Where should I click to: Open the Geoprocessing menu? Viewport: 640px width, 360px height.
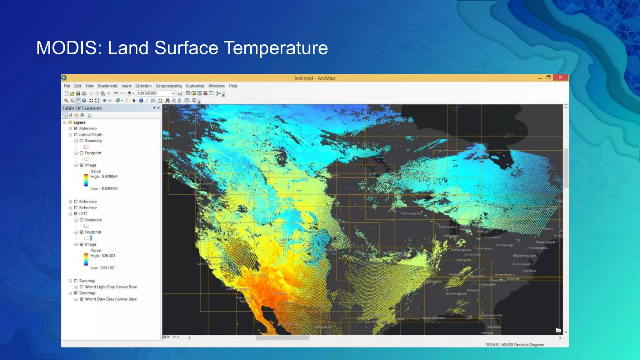(168, 86)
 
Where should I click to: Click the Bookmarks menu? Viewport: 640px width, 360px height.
(107, 86)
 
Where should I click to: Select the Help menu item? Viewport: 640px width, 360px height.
(233, 86)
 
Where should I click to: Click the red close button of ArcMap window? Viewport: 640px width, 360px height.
(560, 77)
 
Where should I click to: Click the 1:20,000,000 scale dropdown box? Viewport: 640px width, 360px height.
(156, 93)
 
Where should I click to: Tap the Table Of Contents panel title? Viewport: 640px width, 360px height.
(82, 108)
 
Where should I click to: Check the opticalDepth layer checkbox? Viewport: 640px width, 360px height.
(76, 135)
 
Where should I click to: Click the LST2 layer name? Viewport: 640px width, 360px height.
(83, 214)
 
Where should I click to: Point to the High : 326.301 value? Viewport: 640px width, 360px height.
(103, 256)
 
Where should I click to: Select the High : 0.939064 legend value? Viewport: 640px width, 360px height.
(104, 177)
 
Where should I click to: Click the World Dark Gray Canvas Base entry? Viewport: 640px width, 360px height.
(111, 299)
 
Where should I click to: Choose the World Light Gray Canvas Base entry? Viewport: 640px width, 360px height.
(111, 287)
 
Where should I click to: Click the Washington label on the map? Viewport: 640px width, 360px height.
(524, 256)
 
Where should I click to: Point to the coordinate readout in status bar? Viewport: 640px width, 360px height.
(514, 344)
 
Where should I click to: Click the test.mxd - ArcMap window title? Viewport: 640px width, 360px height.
(314, 78)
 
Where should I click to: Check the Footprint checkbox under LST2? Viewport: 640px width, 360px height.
(82, 232)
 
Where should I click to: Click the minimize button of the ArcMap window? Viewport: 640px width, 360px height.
(539, 78)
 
